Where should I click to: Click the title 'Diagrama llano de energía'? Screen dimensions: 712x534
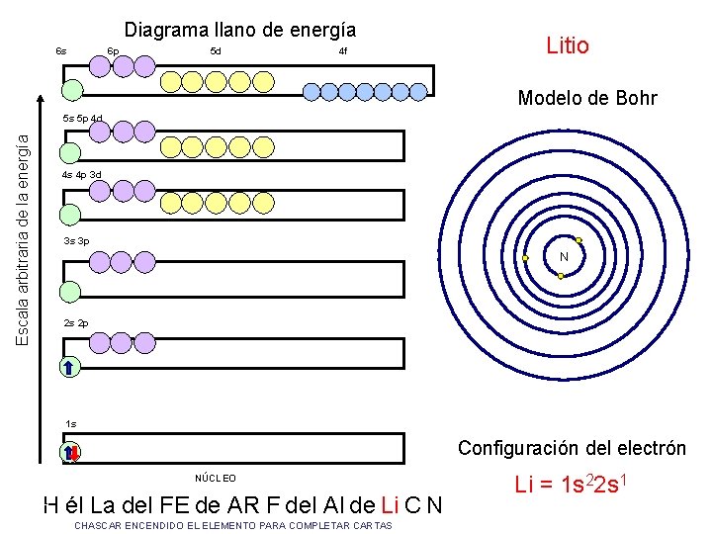[240, 30]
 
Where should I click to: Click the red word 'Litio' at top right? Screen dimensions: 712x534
[568, 45]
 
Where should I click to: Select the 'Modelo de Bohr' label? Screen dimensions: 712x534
[587, 98]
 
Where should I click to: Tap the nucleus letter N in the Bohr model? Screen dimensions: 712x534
[564, 257]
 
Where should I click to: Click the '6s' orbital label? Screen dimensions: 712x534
[61, 50]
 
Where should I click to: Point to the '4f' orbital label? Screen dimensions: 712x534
[343, 50]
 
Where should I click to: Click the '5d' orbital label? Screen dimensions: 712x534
[216, 50]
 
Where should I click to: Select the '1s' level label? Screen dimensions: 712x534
[70, 423]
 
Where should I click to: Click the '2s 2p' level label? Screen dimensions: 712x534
[75, 323]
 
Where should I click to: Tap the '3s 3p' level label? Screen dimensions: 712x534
[75, 240]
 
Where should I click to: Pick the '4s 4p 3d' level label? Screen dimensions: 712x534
[81, 174]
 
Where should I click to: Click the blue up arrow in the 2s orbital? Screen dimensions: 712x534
[68, 367]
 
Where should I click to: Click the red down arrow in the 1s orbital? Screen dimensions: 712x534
[74, 453]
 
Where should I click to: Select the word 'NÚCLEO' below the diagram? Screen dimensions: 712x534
[216, 479]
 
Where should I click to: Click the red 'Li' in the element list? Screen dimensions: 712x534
[390, 505]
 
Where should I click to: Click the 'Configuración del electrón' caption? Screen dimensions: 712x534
[572, 448]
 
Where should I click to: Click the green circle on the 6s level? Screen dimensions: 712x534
[71, 90]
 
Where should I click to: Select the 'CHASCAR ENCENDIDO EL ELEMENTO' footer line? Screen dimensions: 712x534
[233, 525]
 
